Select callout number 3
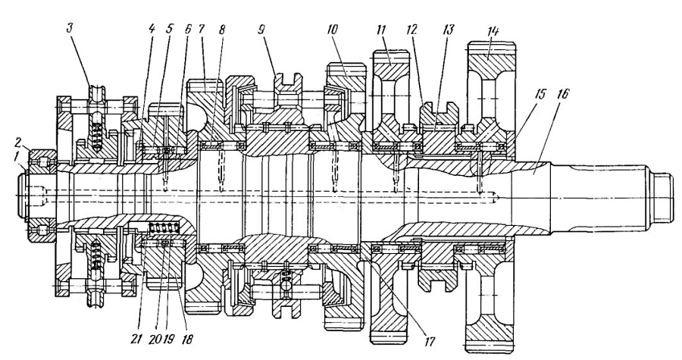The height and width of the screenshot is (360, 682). tap(70, 30)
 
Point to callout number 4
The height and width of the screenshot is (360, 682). tap(152, 30)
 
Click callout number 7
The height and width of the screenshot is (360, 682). tap(202, 30)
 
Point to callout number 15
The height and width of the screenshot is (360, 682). tap(540, 94)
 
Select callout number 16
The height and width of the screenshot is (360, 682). tap(562, 94)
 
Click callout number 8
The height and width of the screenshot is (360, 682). tap(222, 30)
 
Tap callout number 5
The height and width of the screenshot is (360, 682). tap(169, 30)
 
